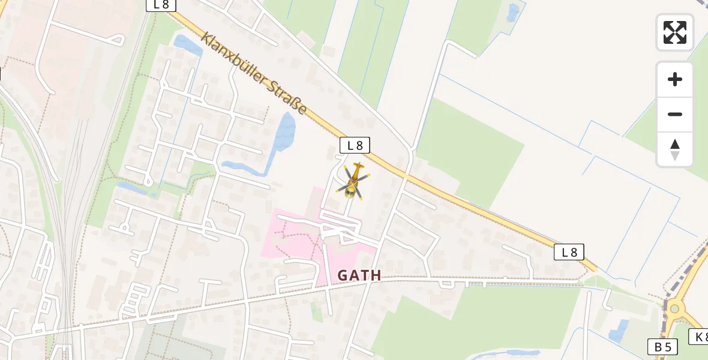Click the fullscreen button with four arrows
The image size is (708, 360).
point(675,32)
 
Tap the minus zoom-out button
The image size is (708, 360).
point(675,115)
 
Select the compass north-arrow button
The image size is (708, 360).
point(675,149)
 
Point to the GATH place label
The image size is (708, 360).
point(359,275)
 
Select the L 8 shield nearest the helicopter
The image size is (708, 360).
point(355,145)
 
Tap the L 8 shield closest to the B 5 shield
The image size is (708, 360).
point(569,253)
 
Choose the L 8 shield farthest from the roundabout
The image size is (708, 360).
point(161,5)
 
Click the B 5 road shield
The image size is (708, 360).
point(662,346)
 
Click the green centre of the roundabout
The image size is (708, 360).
point(676,308)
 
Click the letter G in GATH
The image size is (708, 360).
point(343,275)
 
